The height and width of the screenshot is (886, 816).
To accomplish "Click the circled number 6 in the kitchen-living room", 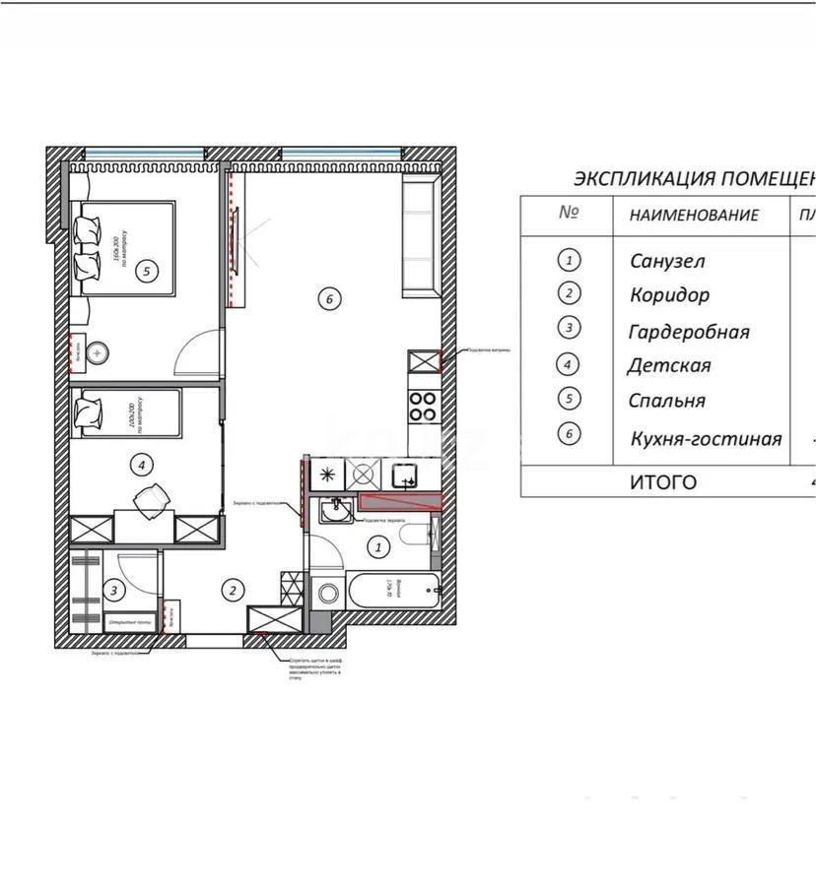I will coord(330,298).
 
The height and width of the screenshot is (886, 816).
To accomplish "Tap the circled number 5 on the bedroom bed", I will coord(146,271).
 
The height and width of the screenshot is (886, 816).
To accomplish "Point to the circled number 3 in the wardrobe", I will coord(115,591).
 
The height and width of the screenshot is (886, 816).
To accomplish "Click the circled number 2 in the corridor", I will coord(233,591).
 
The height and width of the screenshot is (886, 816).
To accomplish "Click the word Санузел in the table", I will coord(667,261).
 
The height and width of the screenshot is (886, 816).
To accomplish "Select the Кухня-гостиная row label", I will coord(706,438).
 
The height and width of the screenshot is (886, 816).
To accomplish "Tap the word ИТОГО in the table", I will coord(662,481).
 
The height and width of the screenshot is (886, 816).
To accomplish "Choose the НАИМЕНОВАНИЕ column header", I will coord(694,215).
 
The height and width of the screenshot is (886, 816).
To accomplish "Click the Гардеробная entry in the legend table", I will coord(689,332).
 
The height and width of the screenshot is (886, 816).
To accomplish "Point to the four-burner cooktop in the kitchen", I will coord(423,407).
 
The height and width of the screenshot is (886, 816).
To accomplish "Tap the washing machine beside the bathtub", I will coord(326,594).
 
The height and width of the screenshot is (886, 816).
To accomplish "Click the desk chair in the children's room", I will coord(152,499).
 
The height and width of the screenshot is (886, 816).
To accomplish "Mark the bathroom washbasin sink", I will coord(337,511).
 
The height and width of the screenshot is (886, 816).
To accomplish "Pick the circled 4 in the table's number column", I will coord(569,364).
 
